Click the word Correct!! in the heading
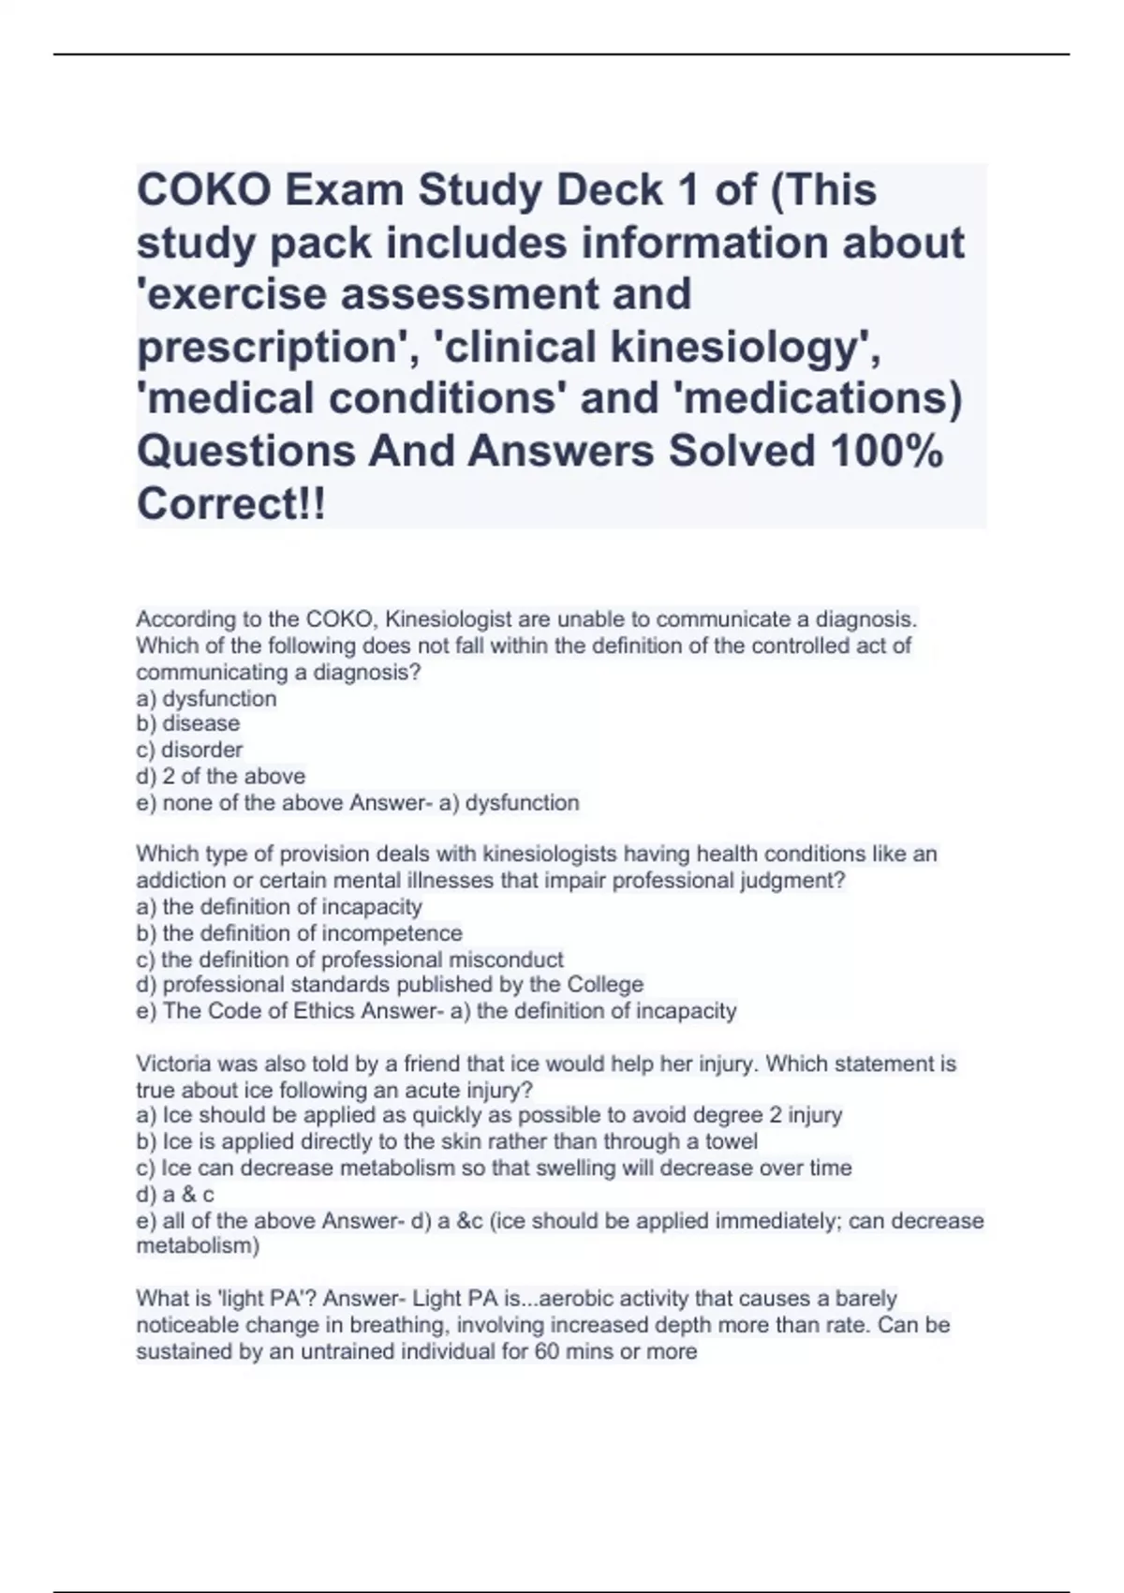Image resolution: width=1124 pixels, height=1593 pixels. click(232, 504)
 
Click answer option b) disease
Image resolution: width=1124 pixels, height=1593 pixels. click(188, 723)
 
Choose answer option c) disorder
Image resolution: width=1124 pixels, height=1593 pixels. click(189, 750)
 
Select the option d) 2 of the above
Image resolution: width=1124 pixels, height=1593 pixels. click(221, 776)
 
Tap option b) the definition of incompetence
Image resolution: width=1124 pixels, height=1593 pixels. click(300, 933)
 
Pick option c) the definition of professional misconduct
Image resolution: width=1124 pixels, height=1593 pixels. click(350, 960)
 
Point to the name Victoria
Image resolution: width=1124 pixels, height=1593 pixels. click(172, 1064)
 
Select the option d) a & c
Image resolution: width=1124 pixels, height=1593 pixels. click(175, 1195)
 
